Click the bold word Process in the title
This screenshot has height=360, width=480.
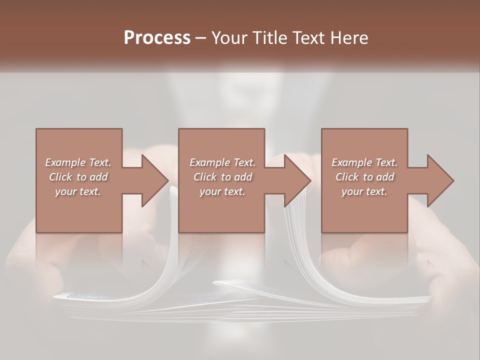click(157, 38)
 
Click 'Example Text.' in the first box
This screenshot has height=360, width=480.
click(78, 162)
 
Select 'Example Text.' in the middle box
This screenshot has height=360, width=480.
click(222, 162)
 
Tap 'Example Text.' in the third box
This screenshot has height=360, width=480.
click(364, 162)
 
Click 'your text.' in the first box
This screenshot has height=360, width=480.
click(78, 191)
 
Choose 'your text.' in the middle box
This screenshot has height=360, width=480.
click(222, 191)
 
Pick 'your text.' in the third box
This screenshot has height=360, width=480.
click(364, 191)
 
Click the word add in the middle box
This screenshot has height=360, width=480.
click(243, 177)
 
